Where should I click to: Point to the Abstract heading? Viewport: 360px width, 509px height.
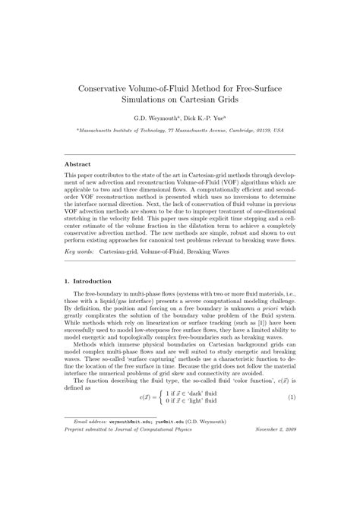coord(77,164)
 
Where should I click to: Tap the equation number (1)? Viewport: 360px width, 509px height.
coord(291,419)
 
